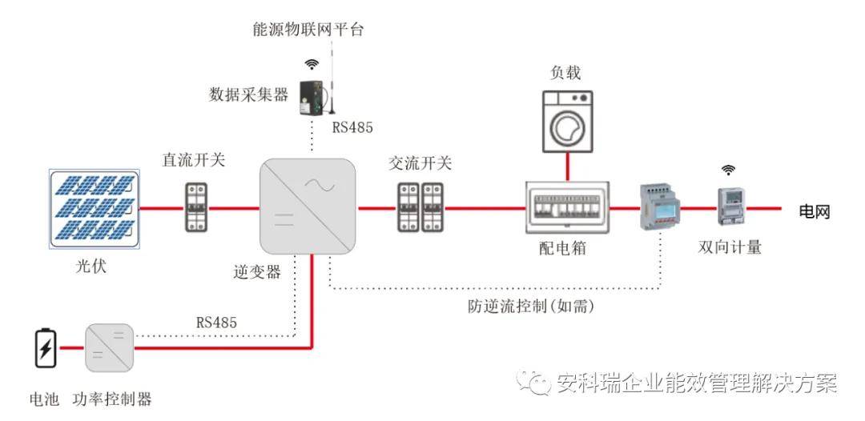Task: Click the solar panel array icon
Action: pos(94,209)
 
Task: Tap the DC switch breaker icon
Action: pos(195,207)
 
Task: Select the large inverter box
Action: pos(308,206)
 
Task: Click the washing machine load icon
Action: pos(567,122)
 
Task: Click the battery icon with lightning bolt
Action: pos(46,348)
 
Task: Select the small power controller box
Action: pos(109,347)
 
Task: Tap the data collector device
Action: pos(312,98)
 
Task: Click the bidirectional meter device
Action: pos(729,206)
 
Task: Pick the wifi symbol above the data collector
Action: pos(312,65)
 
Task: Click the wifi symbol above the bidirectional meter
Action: pos(730,170)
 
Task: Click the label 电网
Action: pos(815,211)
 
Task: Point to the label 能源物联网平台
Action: pos(308,29)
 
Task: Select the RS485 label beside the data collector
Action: pos(352,128)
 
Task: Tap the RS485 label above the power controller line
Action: pos(216,323)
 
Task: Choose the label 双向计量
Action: pos(730,247)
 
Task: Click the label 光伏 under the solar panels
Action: pos(91,267)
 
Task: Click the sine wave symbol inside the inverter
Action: pos(324,186)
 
